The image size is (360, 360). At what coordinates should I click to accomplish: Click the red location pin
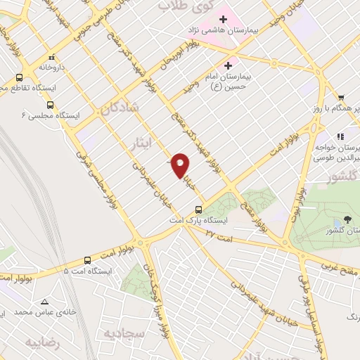tap(181, 165)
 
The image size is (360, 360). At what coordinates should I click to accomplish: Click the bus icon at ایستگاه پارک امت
tap(198, 209)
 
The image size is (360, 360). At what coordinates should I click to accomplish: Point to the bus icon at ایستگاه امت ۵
tap(87, 259)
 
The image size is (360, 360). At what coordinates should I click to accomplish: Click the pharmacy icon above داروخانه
tap(51, 58)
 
